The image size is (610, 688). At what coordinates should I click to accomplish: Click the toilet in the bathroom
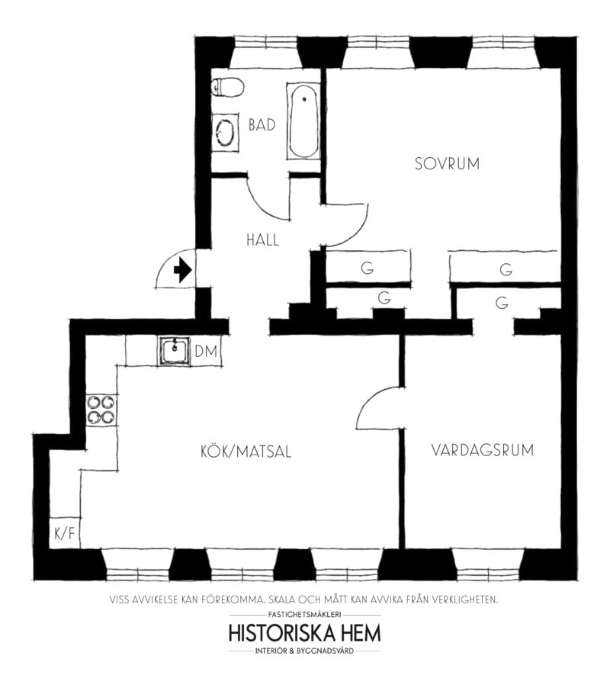click(x=227, y=88)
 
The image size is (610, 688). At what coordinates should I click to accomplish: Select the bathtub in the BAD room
click(x=303, y=122)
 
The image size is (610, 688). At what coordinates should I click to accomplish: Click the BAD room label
click(x=262, y=125)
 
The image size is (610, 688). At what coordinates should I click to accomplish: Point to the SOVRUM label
click(x=447, y=163)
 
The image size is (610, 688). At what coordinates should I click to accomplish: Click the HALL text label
click(x=262, y=240)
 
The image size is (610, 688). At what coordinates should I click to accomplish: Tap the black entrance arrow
click(x=182, y=270)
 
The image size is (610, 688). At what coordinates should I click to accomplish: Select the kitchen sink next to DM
click(x=175, y=352)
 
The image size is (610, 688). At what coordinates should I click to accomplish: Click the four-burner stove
click(x=101, y=410)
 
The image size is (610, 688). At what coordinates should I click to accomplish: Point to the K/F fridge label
click(x=64, y=533)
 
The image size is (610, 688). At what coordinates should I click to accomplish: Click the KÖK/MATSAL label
click(x=242, y=452)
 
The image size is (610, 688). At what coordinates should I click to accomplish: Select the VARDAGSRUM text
click(x=482, y=450)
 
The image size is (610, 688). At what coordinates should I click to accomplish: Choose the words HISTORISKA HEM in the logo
click(x=304, y=633)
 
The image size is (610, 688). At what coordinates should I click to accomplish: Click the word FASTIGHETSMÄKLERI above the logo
click(x=304, y=614)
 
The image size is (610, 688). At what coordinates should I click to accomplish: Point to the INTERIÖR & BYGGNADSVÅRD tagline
click(x=304, y=651)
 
